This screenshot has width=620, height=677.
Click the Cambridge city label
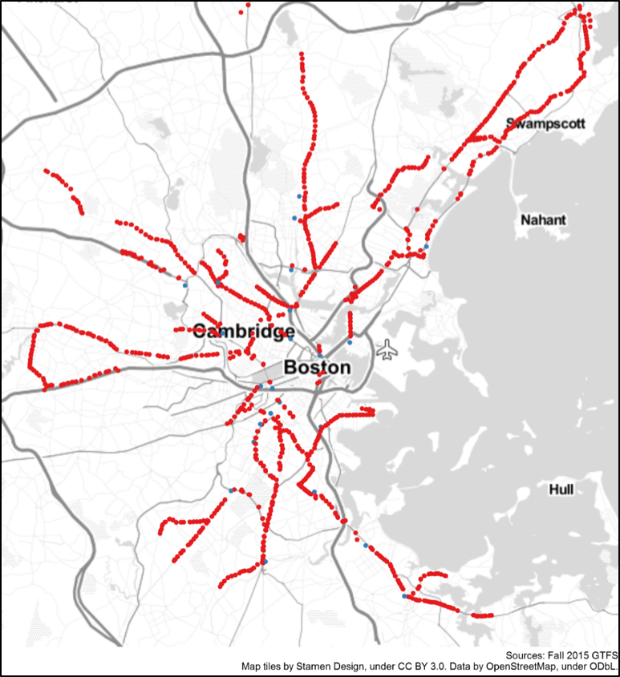244,332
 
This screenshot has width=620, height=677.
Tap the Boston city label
318,368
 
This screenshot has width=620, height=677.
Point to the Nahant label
543,220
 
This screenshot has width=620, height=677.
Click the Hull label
561,490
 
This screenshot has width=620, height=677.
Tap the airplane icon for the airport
387,349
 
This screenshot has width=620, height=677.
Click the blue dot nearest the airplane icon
350,342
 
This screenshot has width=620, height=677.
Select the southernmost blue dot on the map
403,595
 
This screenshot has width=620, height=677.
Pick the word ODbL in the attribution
603,667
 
